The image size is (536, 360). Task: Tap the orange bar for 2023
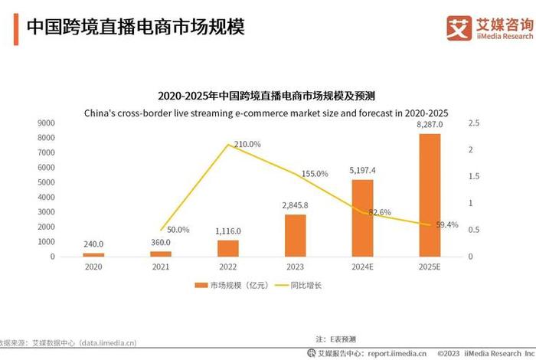coord(295,235)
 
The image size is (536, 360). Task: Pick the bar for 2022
coord(228,248)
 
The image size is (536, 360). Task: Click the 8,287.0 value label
coord(430,123)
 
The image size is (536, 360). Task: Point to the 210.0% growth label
coord(247,144)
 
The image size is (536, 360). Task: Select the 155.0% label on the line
coord(314,174)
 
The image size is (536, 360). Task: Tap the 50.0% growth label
coord(178,229)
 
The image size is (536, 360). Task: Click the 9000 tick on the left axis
coord(45,123)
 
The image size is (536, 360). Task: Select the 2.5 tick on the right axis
coord(473,123)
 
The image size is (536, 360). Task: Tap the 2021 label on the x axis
coord(161,266)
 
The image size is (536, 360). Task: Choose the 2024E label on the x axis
coord(362,266)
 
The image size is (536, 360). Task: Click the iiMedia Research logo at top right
coord(490,28)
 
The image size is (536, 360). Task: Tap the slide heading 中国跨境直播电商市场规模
coord(136,28)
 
